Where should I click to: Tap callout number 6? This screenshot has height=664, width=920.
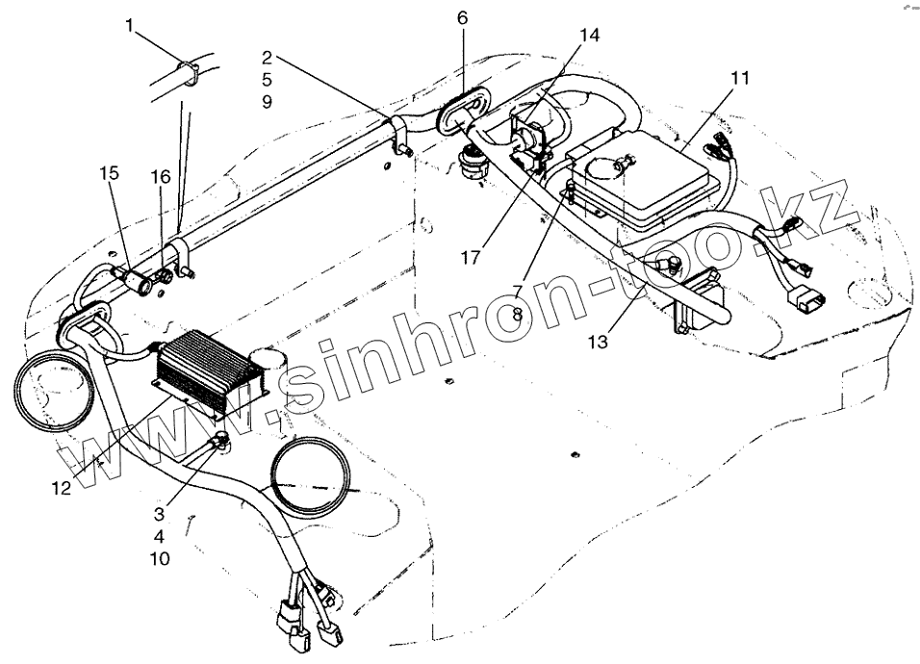(462, 18)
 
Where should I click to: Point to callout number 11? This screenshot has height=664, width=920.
(738, 76)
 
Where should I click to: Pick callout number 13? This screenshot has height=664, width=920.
(599, 342)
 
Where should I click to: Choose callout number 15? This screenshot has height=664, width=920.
(110, 173)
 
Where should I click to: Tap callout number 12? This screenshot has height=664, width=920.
(61, 488)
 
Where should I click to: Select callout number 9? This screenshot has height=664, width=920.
(267, 100)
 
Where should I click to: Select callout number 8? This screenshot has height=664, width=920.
(517, 315)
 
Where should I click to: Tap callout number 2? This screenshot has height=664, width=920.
(267, 57)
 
